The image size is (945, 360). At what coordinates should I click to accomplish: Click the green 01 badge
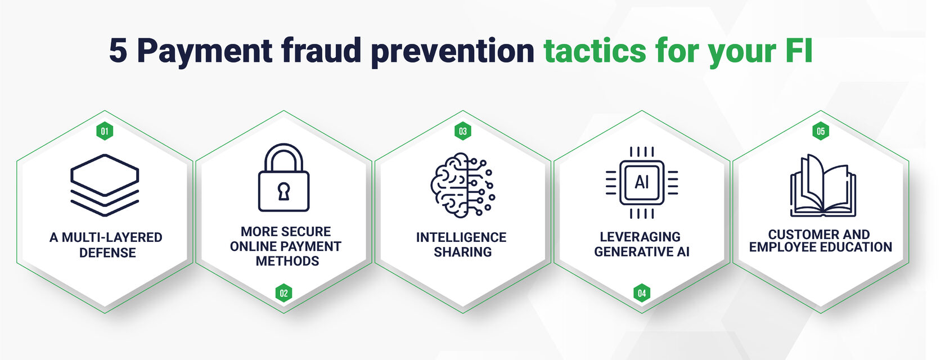click(105, 131)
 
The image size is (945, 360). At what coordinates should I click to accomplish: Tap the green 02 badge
click(283, 293)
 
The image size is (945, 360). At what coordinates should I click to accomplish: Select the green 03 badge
click(463, 131)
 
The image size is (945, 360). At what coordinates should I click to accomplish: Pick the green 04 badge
click(642, 293)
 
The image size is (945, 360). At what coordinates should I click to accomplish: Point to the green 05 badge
click(821, 131)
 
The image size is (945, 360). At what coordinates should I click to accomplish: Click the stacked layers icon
click(105, 185)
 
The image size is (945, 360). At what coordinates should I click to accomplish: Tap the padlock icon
click(283, 177)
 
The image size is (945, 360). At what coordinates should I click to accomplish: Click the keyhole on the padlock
click(283, 191)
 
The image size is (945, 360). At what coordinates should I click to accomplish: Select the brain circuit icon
click(463, 185)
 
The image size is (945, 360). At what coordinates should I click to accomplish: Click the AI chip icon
click(642, 183)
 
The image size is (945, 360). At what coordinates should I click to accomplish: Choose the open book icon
click(822, 185)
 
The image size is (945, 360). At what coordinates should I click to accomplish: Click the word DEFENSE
click(107, 253)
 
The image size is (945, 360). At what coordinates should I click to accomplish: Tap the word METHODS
click(287, 261)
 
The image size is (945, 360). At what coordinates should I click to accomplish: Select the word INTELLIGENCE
click(461, 237)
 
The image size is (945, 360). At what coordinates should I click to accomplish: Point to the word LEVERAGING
click(640, 237)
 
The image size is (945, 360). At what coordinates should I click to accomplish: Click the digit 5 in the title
click(118, 51)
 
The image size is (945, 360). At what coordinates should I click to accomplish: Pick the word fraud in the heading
click(321, 50)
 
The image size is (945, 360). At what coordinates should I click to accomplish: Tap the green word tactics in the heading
click(595, 50)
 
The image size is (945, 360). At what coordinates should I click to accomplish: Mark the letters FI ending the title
click(799, 51)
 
